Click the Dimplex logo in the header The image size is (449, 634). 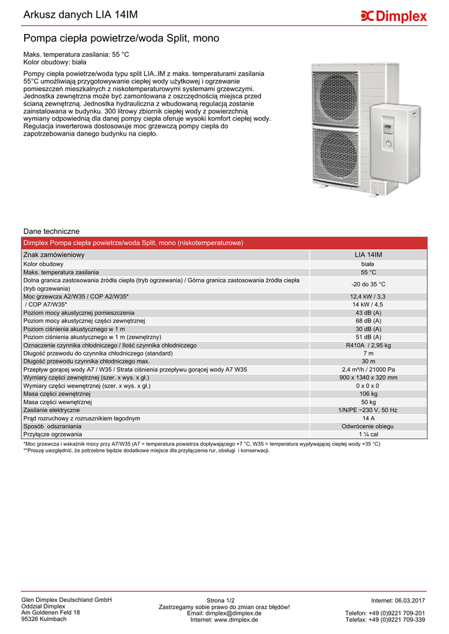394,16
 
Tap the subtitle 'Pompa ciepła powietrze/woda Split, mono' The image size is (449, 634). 121,38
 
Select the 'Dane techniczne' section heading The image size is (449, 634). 51,231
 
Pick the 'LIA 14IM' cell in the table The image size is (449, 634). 368,255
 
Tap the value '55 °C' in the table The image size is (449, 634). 368,272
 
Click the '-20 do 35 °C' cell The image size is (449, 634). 368,284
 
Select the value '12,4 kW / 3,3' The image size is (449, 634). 368,297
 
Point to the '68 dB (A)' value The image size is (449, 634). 368,321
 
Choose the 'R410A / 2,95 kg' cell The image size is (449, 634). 368,345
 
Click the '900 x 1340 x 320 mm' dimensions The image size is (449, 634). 368,378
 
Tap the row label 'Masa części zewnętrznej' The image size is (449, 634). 57,394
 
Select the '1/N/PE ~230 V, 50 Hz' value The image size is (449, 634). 368,410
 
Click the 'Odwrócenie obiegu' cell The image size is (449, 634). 368,426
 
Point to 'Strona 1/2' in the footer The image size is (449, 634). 220,601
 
